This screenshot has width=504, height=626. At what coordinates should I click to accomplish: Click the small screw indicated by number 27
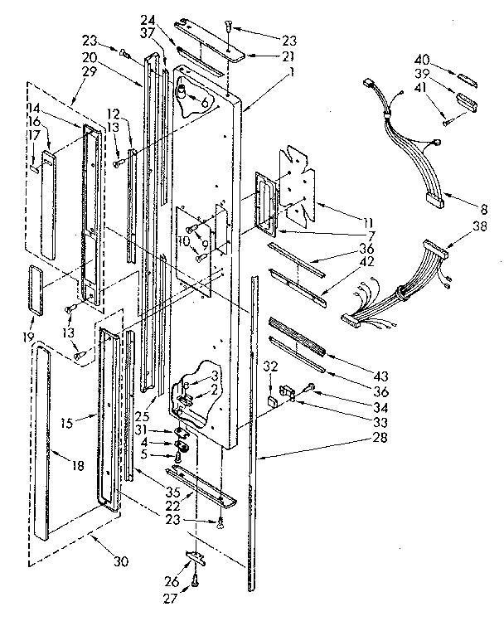[x=194, y=582]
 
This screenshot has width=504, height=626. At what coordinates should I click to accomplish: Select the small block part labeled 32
[x=272, y=400]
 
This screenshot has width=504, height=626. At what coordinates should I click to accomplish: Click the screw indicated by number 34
[x=308, y=385]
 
